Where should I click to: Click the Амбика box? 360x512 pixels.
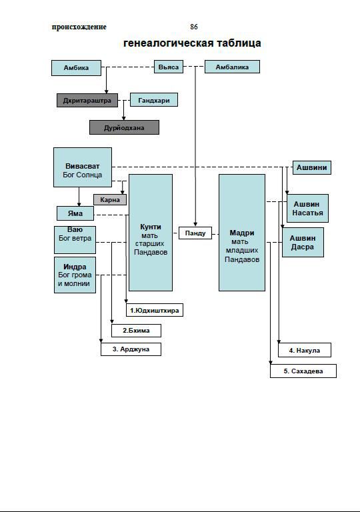click(x=76, y=68)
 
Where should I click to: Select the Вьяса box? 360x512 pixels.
click(x=169, y=67)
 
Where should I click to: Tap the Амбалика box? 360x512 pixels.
click(x=232, y=67)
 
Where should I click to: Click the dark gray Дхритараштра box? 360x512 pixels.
click(x=87, y=101)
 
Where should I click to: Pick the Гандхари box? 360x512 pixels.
click(x=154, y=100)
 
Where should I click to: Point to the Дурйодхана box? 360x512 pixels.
click(x=124, y=127)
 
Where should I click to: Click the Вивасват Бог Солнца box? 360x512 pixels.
click(x=83, y=167)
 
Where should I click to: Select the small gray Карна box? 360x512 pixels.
click(x=110, y=199)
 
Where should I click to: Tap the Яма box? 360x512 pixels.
click(x=75, y=213)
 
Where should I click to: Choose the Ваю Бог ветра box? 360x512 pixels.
click(x=75, y=240)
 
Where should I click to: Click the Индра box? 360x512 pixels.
click(x=75, y=275)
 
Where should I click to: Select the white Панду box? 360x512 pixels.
click(x=195, y=233)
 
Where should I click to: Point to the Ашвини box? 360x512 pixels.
click(x=311, y=167)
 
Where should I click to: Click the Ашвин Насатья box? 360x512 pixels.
click(x=307, y=208)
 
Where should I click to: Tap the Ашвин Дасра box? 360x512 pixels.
click(x=303, y=242)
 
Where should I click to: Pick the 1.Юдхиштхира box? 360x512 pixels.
click(x=155, y=310)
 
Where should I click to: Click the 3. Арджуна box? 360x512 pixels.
click(x=131, y=349)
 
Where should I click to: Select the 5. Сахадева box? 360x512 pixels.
click(x=303, y=371)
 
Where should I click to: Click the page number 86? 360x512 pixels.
click(x=194, y=27)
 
